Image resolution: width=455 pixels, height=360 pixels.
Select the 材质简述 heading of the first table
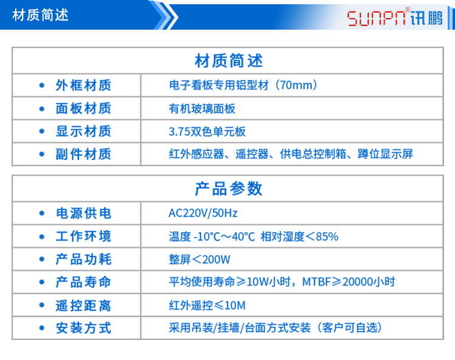pos(228,61)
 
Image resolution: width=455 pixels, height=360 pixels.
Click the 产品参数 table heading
pos(228,188)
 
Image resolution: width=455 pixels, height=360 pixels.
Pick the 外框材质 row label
pos(83,85)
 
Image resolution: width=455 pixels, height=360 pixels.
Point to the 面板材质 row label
pos(83,108)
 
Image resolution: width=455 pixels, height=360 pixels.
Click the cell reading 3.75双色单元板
pos(207,132)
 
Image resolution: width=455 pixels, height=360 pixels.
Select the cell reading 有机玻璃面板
pos(202,109)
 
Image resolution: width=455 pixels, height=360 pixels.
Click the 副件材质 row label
pos(83,154)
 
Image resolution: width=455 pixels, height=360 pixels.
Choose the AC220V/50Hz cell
pos(203,213)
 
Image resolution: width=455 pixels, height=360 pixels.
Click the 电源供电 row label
pos(83,213)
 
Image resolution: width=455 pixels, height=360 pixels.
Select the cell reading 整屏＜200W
pos(200,259)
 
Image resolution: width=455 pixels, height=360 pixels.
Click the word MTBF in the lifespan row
pos(316,282)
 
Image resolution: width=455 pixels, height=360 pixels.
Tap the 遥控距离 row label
pos(83,305)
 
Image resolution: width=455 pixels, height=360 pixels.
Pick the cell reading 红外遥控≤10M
pos(207,305)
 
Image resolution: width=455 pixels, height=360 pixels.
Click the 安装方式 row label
pos(83,328)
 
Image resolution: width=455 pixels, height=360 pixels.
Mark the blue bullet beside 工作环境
pos(42,236)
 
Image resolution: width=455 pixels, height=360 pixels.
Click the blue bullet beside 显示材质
pos(42,132)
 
